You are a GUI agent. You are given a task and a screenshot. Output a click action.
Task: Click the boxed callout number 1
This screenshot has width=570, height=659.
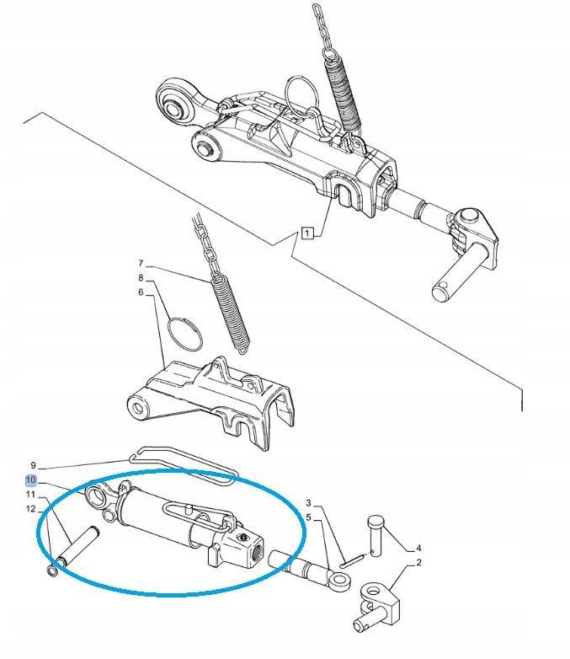point(308,233)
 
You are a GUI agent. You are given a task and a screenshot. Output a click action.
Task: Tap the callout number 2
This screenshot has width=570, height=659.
point(418,562)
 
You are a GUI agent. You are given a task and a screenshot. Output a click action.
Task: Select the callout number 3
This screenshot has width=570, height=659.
point(309,502)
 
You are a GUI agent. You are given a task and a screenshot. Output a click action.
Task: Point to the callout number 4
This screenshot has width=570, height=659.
point(418,548)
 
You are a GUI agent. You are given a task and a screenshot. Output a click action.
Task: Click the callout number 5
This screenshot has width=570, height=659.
point(309,517)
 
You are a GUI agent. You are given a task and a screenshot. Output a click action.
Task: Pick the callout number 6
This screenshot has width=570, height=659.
point(141,292)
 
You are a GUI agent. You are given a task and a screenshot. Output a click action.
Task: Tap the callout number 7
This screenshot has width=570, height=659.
point(141,264)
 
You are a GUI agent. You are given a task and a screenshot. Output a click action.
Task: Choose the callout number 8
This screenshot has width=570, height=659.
point(141,278)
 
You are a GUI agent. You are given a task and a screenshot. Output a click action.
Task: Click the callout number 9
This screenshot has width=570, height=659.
point(33,465)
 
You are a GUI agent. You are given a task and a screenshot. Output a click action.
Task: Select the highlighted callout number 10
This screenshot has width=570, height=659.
point(31,480)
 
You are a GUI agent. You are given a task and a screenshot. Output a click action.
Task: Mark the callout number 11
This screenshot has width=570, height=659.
point(30,494)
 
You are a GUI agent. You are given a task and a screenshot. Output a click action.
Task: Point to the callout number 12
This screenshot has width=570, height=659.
point(30,509)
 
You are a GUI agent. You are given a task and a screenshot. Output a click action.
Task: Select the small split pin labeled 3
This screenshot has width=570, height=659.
point(351,561)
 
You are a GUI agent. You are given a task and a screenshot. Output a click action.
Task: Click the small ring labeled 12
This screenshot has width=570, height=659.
point(51,571)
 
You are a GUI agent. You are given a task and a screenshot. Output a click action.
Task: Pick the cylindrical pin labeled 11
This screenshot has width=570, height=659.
point(77,546)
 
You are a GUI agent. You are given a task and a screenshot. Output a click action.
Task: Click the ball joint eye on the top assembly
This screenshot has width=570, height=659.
point(173,104)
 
